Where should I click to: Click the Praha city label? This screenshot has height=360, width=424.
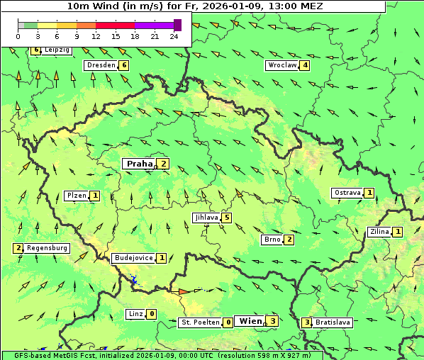click(139, 164)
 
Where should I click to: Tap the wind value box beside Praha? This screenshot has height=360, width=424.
click(164, 164)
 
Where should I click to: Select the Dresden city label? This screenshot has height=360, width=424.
click(100, 65)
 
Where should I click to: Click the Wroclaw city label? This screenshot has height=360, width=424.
click(281, 65)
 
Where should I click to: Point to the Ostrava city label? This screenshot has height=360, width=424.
click(347, 193)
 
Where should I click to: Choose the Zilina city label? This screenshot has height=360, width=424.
click(379, 232)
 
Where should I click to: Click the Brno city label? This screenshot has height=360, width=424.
click(272, 240)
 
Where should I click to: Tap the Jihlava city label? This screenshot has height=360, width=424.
click(206, 218)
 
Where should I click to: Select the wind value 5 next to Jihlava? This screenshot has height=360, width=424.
click(226, 218)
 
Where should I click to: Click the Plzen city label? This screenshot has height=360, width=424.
click(77, 195)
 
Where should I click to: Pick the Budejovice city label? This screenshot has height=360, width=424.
click(133, 258)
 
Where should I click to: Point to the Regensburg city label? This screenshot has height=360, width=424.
click(48, 248)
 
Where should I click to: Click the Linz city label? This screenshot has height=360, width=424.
click(135, 314)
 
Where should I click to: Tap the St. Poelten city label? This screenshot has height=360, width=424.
click(200, 322)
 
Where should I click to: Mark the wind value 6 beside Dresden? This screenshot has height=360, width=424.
click(124, 65)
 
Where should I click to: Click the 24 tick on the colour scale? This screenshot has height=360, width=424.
click(174, 36)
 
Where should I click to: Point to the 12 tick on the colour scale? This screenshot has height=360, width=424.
click(96, 36)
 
